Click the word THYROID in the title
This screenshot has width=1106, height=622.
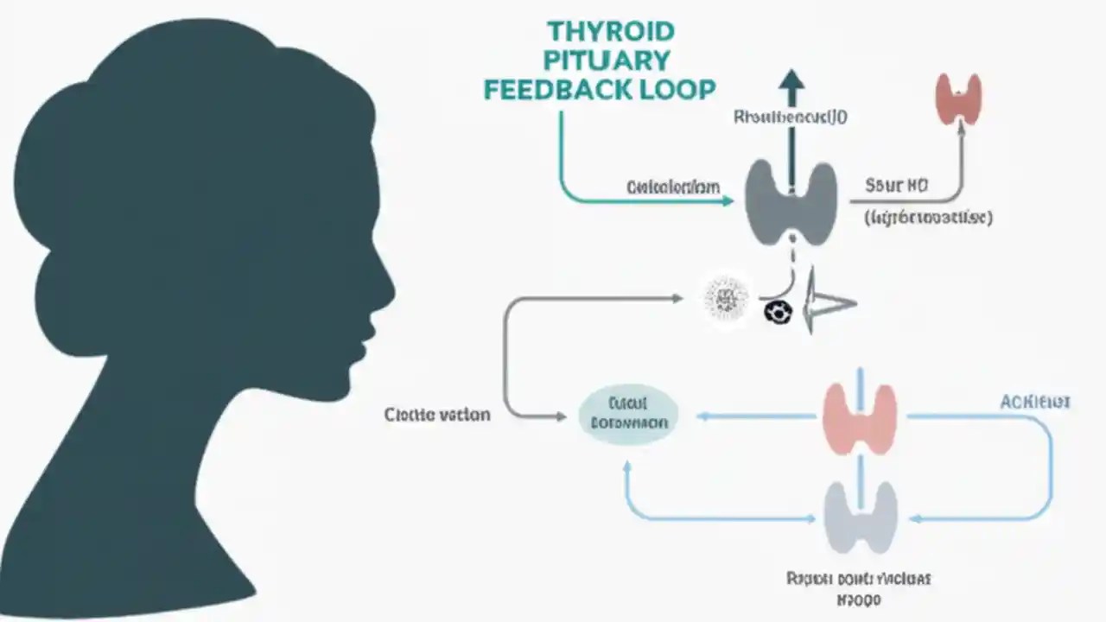610,32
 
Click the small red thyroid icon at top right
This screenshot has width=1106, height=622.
958,98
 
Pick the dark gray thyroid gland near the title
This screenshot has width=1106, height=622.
791,201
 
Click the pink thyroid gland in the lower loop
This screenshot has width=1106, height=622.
859,419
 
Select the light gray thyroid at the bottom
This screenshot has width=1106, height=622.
859,517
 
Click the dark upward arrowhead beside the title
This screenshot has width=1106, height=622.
791,82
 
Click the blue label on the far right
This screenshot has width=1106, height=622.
1035,402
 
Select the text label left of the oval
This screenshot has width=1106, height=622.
437,415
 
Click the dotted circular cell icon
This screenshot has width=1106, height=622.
726,299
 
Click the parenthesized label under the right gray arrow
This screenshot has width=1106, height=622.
928,218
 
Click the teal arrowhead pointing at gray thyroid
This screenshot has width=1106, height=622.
726,201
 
